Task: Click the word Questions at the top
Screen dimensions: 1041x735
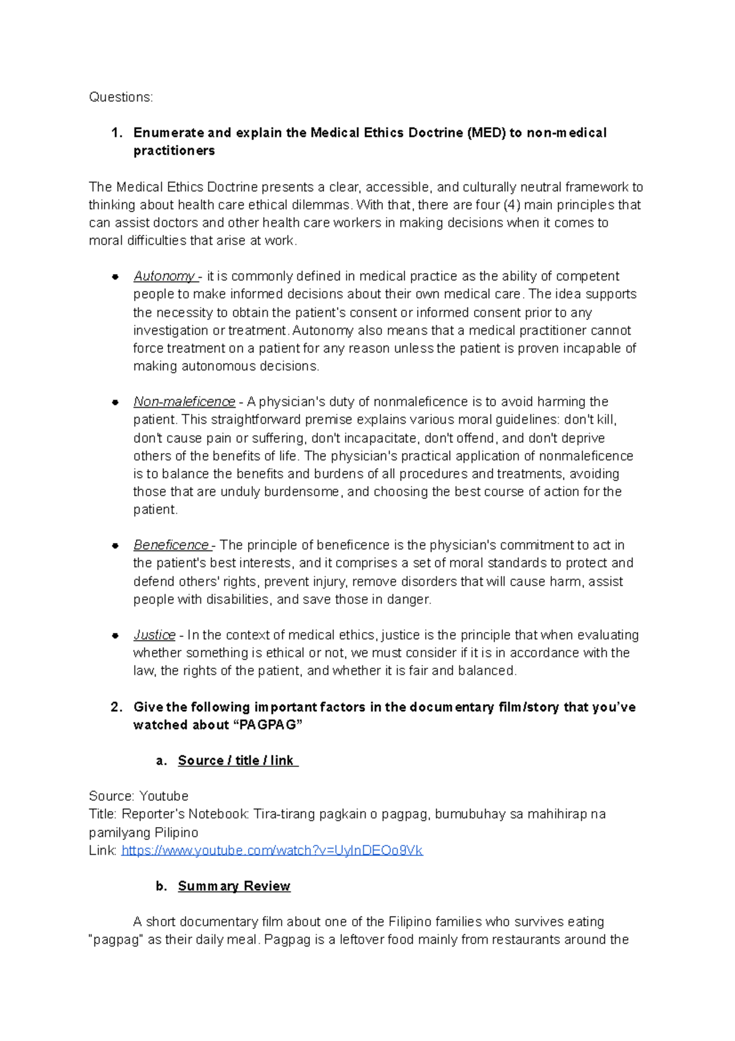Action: tap(120, 97)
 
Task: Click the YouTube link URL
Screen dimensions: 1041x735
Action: tap(272, 850)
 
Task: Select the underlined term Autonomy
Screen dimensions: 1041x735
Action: tap(164, 276)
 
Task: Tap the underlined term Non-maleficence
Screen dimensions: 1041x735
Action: tap(184, 402)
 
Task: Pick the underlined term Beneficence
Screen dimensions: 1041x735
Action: tap(171, 545)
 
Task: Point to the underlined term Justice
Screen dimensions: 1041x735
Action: tap(154, 635)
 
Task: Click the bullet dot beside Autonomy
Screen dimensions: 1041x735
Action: tap(115, 277)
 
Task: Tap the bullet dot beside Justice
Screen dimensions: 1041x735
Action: tap(115, 636)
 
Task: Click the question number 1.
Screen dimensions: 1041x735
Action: tap(116, 133)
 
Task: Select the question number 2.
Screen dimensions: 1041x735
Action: tap(116, 707)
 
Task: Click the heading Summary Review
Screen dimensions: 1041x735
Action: tap(234, 887)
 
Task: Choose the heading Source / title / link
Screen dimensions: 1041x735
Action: tap(238, 761)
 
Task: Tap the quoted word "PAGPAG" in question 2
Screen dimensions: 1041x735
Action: tap(268, 725)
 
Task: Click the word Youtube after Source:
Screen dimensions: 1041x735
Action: tap(164, 796)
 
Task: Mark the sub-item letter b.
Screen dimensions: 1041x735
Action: tap(161, 887)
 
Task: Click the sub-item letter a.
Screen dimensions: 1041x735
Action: tap(161, 761)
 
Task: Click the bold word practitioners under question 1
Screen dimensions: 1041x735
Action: tap(174, 151)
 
